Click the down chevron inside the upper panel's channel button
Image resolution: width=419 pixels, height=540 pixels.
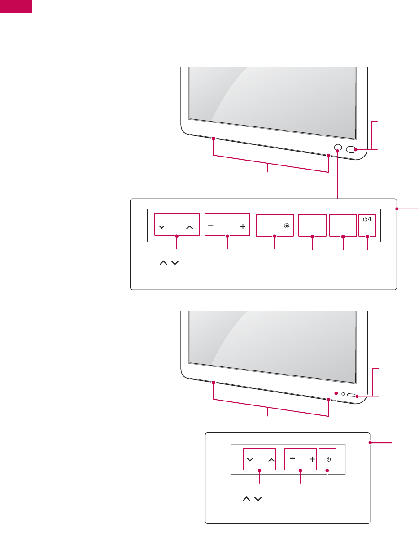[x=162, y=227]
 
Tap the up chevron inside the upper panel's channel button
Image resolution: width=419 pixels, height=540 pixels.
[x=189, y=227]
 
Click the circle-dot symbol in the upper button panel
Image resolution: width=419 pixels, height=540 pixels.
[x=287, y=227]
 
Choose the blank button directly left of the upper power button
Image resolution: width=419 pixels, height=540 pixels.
[x=343, y=225]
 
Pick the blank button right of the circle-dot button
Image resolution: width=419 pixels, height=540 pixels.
[x=312, y=225]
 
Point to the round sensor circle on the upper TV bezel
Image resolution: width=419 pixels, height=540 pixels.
[x=338, y=148]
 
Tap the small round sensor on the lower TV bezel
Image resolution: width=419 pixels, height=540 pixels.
[x=343, y=394]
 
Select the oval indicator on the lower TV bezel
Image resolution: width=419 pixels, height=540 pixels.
[x=352, y=396]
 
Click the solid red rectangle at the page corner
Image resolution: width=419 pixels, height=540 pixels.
[x=16, y=6]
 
